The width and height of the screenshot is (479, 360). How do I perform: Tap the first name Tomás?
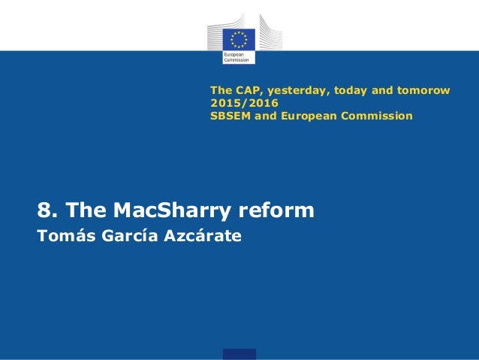[63, 237]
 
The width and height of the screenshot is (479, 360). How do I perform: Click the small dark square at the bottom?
[239, 354]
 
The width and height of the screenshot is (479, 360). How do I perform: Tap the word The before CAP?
[221, 91]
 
